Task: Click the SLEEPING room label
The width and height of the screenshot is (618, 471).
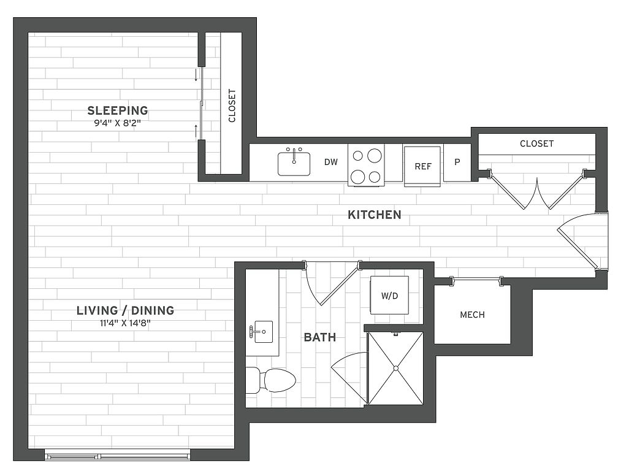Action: [118, 110]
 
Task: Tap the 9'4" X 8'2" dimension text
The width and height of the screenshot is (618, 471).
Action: [118, 123]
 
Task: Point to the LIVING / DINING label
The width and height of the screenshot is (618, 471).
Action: [125, 310]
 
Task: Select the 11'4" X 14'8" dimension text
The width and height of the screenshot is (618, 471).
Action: [125, 324]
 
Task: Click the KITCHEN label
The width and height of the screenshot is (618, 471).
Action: [375, 215]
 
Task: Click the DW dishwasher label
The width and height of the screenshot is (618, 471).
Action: [331, 162]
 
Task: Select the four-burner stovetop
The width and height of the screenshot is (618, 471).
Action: [366, 165]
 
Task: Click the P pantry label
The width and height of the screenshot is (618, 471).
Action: [457, 162]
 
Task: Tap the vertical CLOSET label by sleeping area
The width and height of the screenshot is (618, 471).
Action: [232, 105]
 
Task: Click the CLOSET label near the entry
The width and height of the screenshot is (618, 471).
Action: [537, 144]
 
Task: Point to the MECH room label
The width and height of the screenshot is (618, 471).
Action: [472, 315]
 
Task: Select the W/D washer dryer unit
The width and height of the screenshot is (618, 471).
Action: [389, 295]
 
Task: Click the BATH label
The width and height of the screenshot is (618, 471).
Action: [320, 337]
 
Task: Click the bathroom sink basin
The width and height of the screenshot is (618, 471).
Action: [263, 332]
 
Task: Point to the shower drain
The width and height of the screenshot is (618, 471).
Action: [395, 369]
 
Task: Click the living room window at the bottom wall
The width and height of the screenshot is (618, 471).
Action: [118, 456]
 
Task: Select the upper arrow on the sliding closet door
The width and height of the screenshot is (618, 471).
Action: [196, 75]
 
